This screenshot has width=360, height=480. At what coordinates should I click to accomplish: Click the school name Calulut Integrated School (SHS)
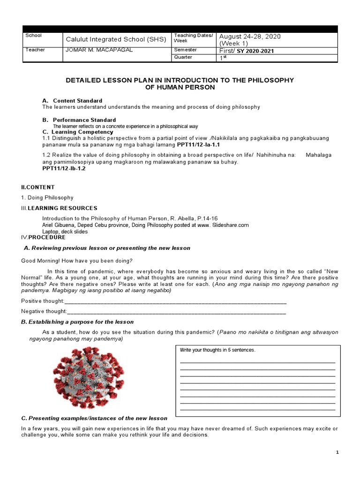116,39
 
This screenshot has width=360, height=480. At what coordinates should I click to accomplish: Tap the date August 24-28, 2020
250,37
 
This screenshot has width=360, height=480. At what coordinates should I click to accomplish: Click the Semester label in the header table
186,50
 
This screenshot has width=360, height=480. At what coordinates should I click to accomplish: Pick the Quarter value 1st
223,58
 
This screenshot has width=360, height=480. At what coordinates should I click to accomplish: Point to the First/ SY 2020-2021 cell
247,51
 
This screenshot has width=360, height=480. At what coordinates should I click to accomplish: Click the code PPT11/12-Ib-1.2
64,168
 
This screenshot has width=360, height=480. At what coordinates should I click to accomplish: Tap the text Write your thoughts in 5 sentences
218,350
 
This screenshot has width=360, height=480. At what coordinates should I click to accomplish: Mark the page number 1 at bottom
337,452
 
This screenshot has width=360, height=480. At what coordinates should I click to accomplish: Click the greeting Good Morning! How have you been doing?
77,261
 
